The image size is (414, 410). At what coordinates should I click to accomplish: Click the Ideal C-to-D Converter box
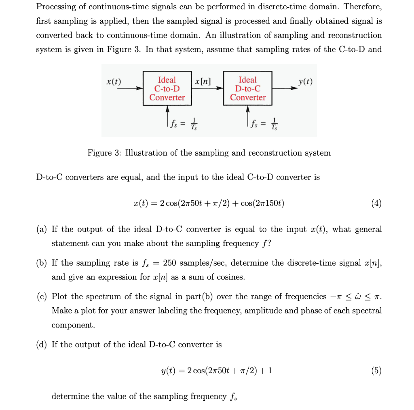[167, 89]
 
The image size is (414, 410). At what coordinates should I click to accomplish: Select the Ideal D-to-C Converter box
[248, 89]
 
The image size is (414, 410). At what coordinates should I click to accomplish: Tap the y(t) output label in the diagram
[305, 81]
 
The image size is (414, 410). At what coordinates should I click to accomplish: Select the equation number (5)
[376, 370]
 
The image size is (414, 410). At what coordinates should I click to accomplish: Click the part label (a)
[42, 229]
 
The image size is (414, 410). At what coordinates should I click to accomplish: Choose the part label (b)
[42, 263]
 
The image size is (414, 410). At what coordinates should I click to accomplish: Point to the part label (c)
[42, 296]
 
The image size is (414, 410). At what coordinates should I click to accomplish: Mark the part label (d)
[42, 344]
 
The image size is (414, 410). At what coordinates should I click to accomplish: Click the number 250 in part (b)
[169, 263]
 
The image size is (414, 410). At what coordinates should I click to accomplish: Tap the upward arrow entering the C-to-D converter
[167, 111]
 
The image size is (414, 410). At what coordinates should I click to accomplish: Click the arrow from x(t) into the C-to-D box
[129, 88]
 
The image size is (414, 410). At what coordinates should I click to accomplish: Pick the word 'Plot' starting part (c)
[59, 296]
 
